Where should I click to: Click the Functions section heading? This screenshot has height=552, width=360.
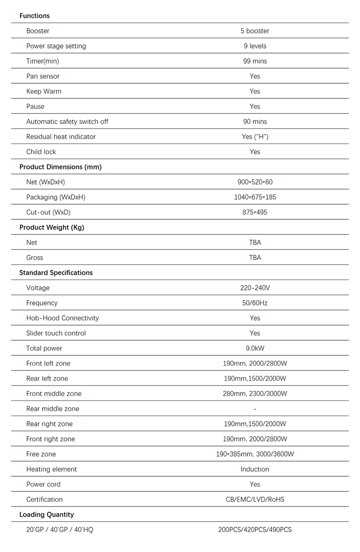click(34, 16)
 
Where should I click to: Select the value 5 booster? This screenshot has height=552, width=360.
click(255, 31)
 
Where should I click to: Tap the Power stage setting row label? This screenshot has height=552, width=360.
click(56, 46)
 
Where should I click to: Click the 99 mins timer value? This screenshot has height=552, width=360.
click(255, 61)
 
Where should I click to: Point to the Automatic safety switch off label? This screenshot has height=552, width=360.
click(67, 122)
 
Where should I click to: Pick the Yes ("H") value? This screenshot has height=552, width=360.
click(255, 137)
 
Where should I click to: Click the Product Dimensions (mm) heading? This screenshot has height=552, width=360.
click(60, 167)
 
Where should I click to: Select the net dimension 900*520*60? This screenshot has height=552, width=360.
click(255, 182)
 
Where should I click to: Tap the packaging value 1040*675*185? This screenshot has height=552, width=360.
click(255, 197)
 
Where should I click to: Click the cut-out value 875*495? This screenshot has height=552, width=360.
click(255, 212)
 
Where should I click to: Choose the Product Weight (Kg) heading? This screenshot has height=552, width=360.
click(51, 228)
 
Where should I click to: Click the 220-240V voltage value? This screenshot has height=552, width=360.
click(255, 288)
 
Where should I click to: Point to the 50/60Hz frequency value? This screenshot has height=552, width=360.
click(255, 303)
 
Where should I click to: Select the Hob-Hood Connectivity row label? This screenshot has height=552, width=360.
click(62, 318)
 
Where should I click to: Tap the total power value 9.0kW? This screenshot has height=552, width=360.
click(255, 348)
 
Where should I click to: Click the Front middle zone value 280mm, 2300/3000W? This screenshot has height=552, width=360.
click(255, 394)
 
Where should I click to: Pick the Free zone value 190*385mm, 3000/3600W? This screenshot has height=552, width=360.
click(255, 454)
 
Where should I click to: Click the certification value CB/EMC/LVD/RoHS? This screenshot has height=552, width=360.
click(255, 499)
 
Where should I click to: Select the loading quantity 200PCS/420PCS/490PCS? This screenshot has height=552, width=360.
click(255, 530)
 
